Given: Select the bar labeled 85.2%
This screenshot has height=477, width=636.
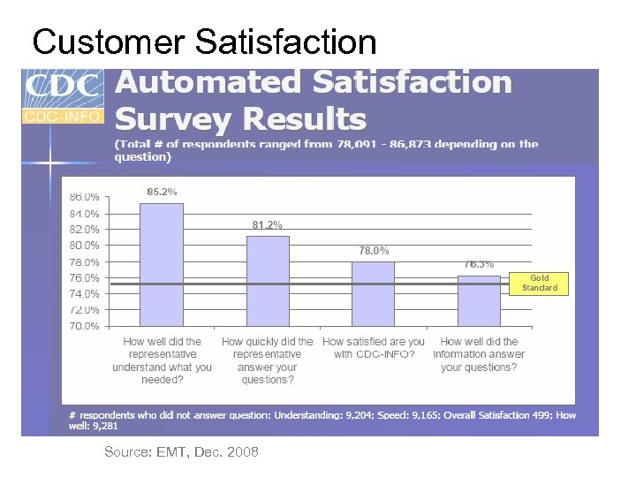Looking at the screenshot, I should tap(162, 264).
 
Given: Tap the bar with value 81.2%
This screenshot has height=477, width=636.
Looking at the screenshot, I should tap(268, 281).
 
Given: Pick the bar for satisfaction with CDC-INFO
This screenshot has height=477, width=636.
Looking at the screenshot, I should tap(373, 293).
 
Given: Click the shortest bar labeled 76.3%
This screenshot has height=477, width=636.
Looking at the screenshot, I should tap(479, 300).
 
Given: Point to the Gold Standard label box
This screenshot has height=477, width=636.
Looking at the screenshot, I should tap(539, 283).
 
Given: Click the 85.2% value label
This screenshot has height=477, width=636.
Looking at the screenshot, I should tap(162, 191).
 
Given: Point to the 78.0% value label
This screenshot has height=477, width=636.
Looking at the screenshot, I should tap(373, 251).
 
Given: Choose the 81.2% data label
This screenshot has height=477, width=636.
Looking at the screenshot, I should tap(268, 224).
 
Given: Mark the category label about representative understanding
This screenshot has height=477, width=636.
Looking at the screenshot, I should tap(162, 360).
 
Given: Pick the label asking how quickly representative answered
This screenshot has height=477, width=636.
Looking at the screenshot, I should tap(268, 360).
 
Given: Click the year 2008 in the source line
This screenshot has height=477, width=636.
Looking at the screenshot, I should tap(242, 452).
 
